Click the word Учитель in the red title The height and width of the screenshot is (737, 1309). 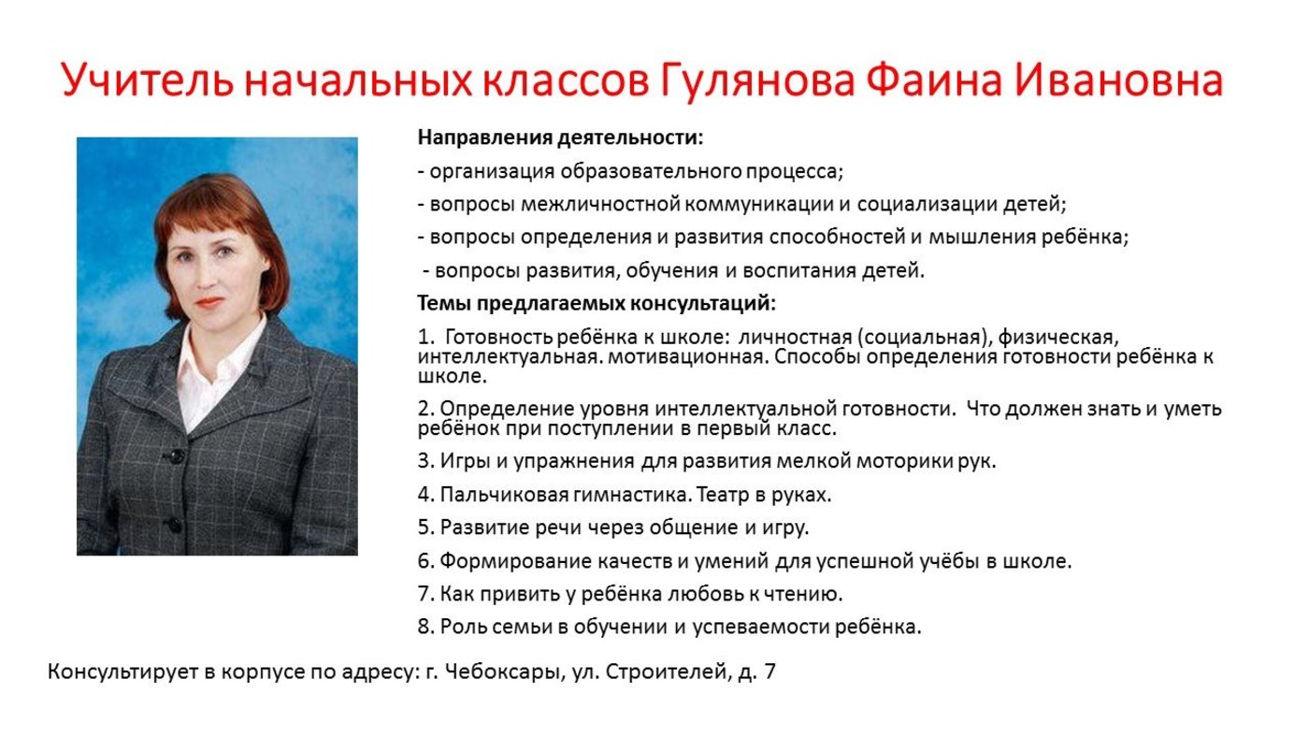click(148, 80)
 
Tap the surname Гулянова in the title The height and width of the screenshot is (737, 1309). click(757, 80)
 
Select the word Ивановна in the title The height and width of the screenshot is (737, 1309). click(1118, 79)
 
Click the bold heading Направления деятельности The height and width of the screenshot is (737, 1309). click(560, 137)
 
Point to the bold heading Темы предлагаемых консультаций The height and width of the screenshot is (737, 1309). click(597, 303)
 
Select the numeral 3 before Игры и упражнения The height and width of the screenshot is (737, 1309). click(423, 461)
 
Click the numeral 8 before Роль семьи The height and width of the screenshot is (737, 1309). click(424, 627)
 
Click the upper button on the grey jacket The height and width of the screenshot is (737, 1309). click(176, 455)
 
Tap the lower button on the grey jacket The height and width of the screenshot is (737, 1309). click(174, 525)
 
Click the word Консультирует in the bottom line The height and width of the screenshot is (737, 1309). click(122, 672)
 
